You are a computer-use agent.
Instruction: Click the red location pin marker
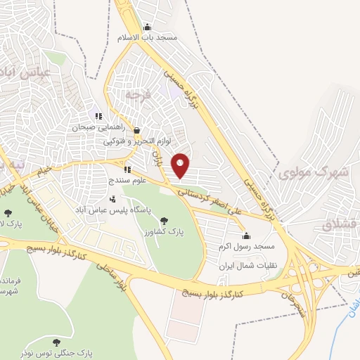tap(181, 166)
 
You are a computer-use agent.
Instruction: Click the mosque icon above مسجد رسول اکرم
tap(245, 236)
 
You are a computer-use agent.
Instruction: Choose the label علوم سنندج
tap(112, 181)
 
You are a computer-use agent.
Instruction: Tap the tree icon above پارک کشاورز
tap(165, 219)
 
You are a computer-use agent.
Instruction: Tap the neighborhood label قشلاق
tap(342, 225)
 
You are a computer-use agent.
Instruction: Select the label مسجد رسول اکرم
tap(257, 247)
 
